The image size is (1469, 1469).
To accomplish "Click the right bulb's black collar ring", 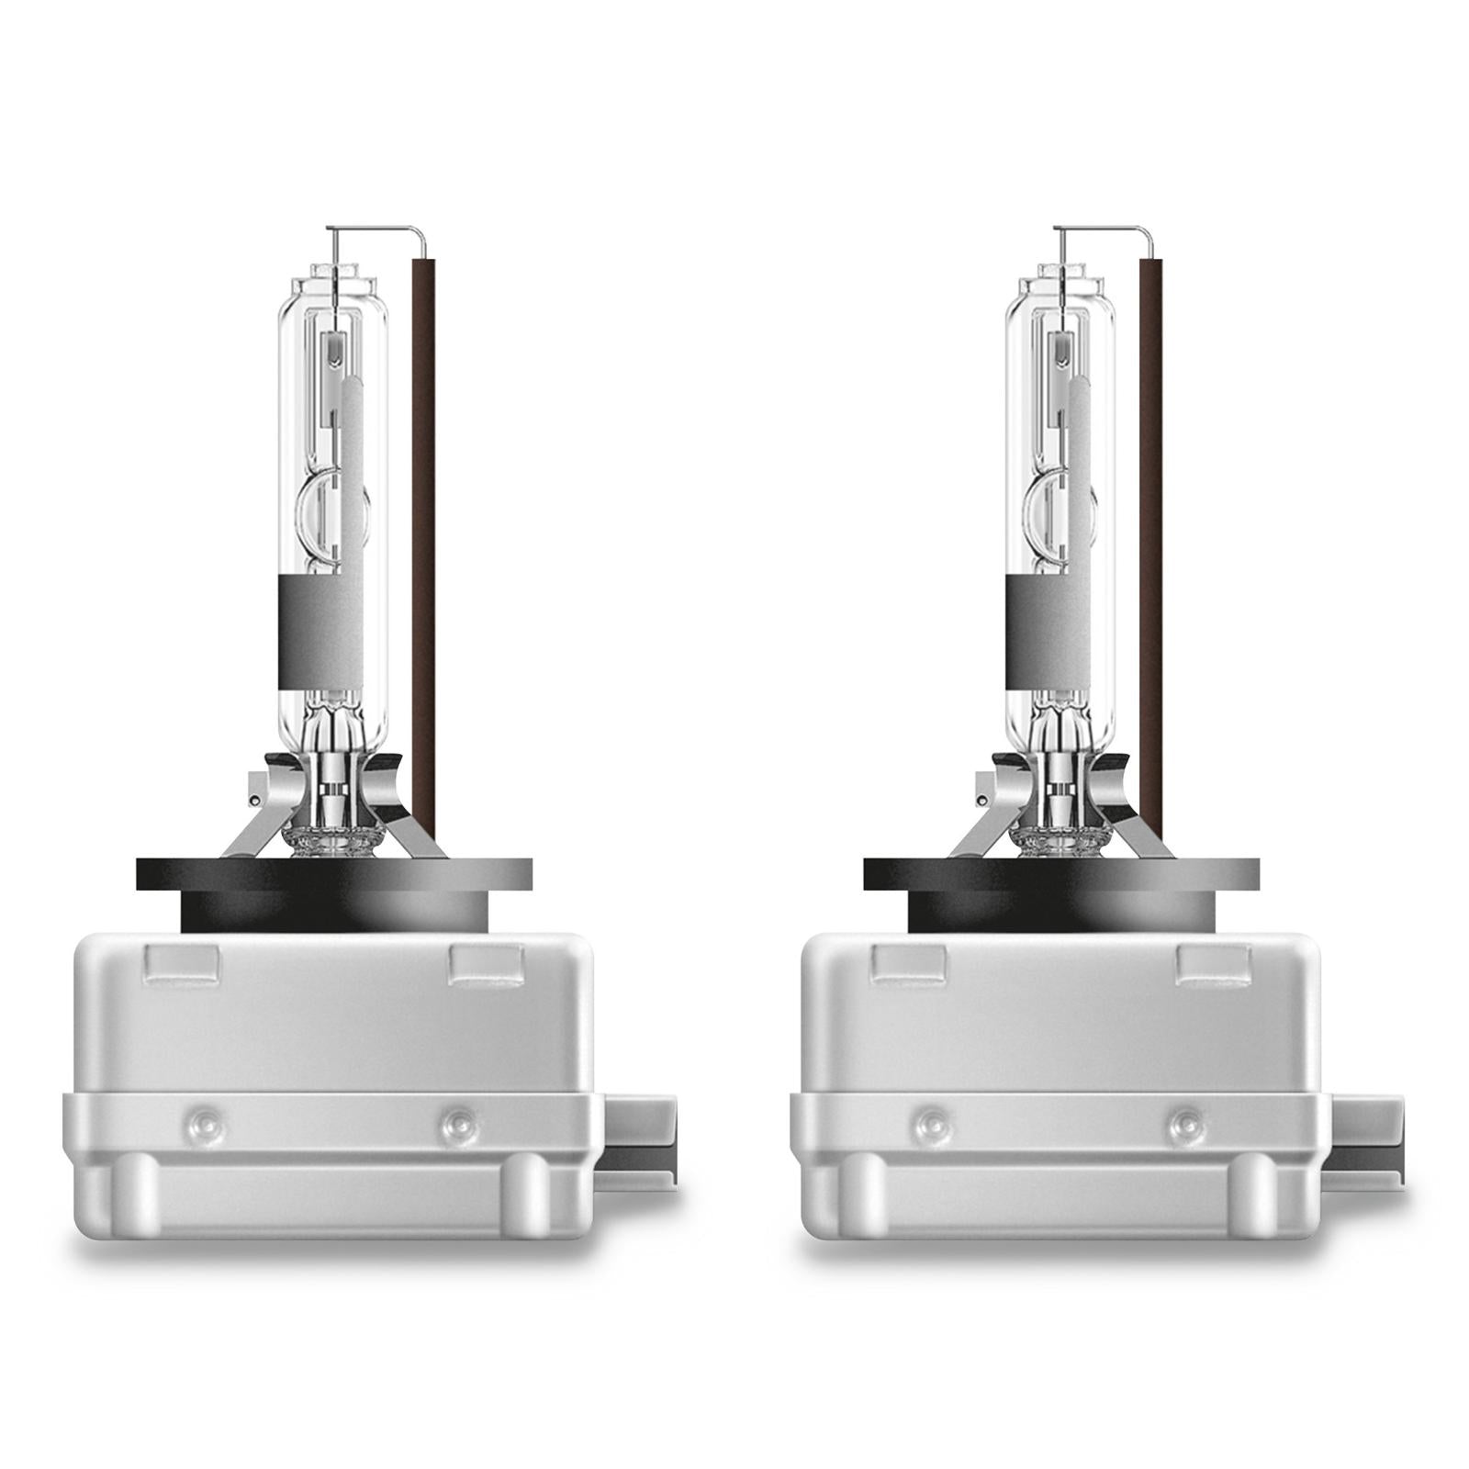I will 1062,872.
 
